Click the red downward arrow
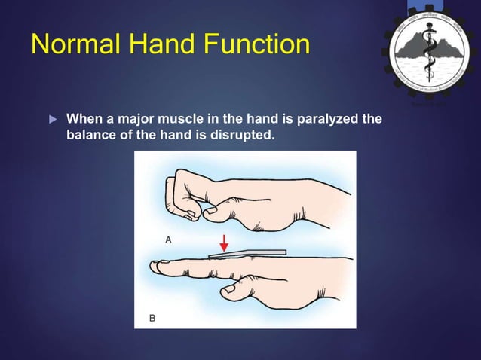click(x=224, y=244)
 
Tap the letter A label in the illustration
click(x=168, y=239)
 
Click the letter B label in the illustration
click(x=152, y=318)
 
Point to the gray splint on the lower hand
click(x=249, y=253)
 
